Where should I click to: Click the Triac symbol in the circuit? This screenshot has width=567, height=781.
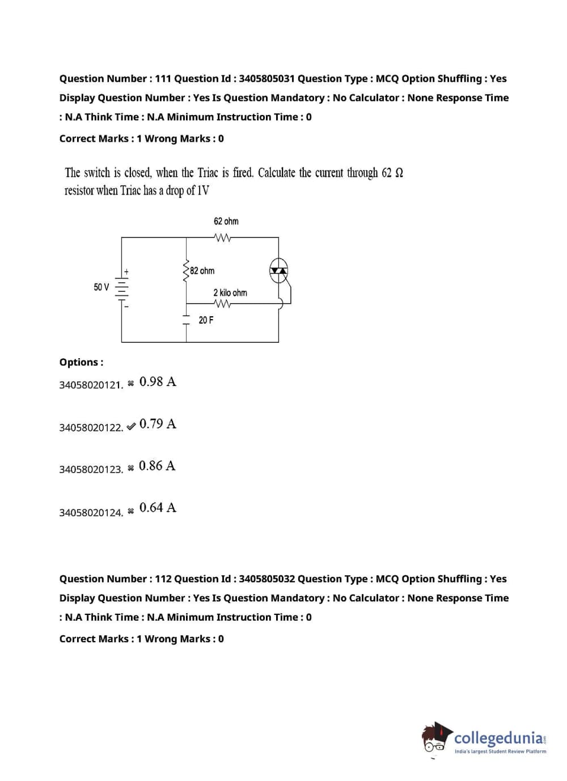[x=278, y=270]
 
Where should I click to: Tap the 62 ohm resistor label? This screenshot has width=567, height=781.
[x=226, y=221]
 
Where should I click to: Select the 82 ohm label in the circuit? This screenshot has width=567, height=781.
[x=202, y=271]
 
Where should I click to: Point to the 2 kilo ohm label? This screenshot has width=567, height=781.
[x=230, y=292]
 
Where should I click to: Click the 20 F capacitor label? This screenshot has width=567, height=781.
[x=206, y=320]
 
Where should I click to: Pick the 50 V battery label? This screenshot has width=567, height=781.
[x=101, y=287]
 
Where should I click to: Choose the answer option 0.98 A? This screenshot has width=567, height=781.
[x=158, y=382]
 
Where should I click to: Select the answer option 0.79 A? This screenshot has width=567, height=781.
[x=158, y=424]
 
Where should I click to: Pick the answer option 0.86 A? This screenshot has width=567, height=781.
[x=157, y=466]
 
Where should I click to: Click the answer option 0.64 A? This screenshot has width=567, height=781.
[x=158, y=507]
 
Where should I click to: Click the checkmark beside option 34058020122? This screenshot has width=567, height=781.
[x=131, y=426]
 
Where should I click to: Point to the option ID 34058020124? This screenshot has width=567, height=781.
[x=91, y=512]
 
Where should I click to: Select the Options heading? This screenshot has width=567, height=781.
[x=81, y=362]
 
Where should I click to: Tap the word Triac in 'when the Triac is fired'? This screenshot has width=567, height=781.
[x=208, y=172]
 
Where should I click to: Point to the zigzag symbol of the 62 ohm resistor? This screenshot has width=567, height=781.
[x=222, y=237]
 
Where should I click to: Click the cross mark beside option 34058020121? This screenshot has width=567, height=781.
[x=131, y=384]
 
